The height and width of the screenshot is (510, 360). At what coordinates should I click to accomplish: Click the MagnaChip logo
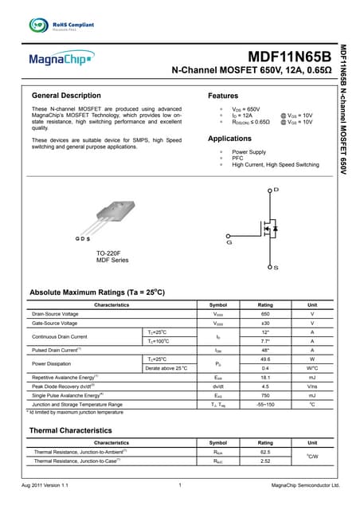point(61,58)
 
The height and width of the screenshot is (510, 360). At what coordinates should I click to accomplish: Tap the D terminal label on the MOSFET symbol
point(276,190)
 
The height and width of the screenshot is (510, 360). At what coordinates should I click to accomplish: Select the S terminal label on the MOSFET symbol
point(276,267)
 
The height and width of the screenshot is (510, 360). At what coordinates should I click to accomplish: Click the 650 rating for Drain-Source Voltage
point(265,315)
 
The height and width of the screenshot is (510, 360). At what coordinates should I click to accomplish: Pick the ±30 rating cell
point(265,324)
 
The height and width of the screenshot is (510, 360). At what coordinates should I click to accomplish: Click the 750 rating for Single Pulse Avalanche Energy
point(265,394)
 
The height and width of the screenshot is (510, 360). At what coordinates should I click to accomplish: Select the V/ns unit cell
point(312,386)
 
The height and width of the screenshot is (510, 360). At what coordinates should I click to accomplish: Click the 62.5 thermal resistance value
point(265,452)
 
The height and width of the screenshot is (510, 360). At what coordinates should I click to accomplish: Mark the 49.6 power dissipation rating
point(265,359)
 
